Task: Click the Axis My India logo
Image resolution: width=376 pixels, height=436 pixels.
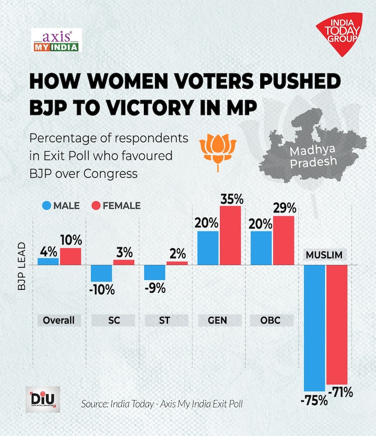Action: pyautogui.click(x=56, y=41)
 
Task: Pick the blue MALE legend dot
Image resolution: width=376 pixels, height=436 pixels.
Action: pyautogui.click(x=48, y=205)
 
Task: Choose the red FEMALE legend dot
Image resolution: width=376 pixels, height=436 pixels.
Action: pyautogui.click(x=97, y=205)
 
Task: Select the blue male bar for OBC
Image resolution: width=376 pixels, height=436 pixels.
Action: pyautogui.click(x=261, y=248)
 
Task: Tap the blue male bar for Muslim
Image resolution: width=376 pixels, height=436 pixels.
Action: pyautogui.click(x=314, y=327)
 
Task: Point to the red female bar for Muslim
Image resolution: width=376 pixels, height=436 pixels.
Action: pyautogui.click(x=337, y=324)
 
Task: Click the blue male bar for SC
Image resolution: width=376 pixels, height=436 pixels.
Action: pyautogui.click(x=101, y=273)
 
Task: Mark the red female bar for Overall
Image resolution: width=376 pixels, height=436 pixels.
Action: pyautogui.click(x=70, y=256)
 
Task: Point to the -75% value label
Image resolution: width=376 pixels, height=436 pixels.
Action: pyautogui.click(x=314, y=400)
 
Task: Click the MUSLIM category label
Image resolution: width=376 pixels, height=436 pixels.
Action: pyautogui.click(x=324, y=255)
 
